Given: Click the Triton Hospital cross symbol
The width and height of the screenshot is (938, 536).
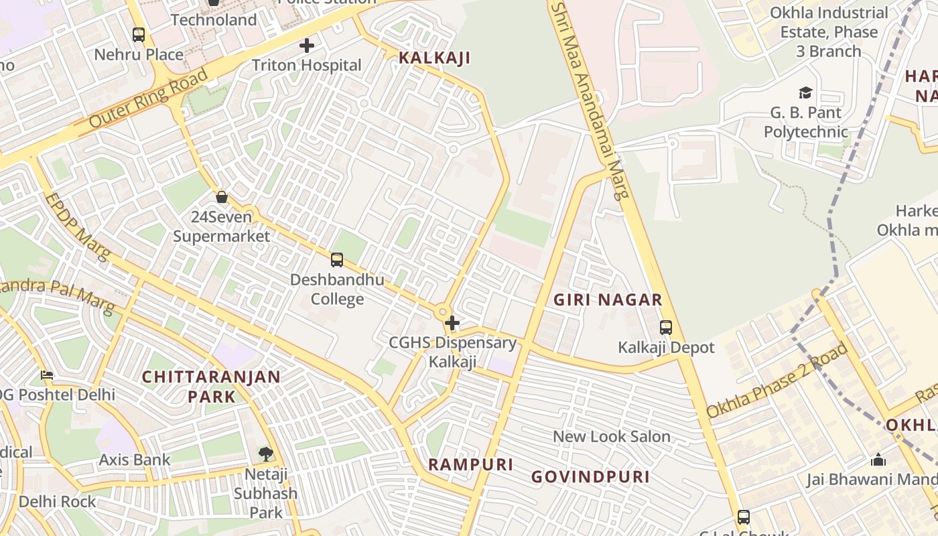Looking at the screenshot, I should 307,46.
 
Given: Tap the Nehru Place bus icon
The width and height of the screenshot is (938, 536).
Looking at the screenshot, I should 139,35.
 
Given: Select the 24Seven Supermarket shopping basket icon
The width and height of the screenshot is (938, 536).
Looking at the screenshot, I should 222,197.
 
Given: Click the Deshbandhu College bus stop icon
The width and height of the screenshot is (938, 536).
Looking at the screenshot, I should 337,260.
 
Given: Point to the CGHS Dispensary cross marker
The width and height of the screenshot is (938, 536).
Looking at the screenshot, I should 452,324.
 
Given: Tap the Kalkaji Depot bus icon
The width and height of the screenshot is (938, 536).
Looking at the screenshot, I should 666,328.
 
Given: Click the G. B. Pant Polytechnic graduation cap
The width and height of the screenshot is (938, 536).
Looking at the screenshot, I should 805,92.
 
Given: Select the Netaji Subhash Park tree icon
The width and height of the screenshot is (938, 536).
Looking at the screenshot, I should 266,454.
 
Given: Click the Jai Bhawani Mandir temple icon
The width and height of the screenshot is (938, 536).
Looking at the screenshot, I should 878,460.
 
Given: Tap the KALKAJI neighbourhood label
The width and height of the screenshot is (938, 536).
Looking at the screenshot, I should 434,58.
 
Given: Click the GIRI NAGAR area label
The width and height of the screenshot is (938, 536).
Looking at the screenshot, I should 608,299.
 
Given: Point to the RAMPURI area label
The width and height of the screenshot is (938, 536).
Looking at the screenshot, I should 470,464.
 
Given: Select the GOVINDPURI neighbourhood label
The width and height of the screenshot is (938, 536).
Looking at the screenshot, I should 590,476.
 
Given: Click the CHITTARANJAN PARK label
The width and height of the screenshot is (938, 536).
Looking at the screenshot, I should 211,386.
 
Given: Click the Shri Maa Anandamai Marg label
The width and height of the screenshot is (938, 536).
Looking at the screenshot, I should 590,100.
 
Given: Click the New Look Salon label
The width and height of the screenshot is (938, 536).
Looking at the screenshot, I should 611,437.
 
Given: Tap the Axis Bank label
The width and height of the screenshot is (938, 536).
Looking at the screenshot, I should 135,460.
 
